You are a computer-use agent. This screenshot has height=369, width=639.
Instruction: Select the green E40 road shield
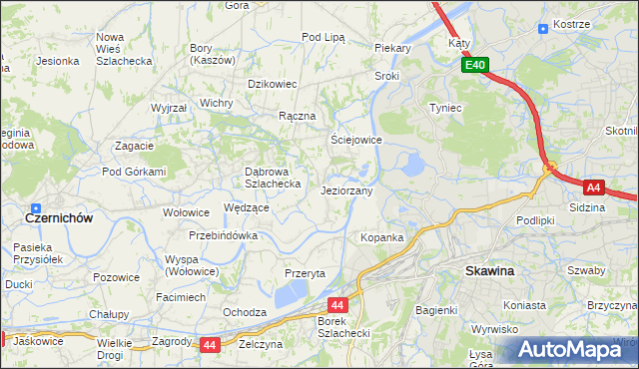pos(475,66)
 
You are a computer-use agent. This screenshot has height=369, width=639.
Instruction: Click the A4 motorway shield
pos(593,186)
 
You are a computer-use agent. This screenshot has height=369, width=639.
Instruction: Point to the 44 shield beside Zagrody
pos(209,344)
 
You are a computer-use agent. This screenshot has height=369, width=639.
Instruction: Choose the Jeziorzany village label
pos(346,190)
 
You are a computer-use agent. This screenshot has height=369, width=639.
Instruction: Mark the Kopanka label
pos(381,237)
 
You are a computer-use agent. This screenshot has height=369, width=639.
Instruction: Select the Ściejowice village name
pos(356,141)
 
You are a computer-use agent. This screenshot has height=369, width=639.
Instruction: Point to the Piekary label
pos(393,47)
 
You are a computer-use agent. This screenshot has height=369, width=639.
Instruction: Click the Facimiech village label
pos(181,297)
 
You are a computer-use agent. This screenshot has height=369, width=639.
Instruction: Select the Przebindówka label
pos(224,236)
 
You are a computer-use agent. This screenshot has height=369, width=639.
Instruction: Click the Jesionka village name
pos(58,61)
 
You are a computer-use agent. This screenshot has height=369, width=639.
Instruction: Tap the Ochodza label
pos(244,312)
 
